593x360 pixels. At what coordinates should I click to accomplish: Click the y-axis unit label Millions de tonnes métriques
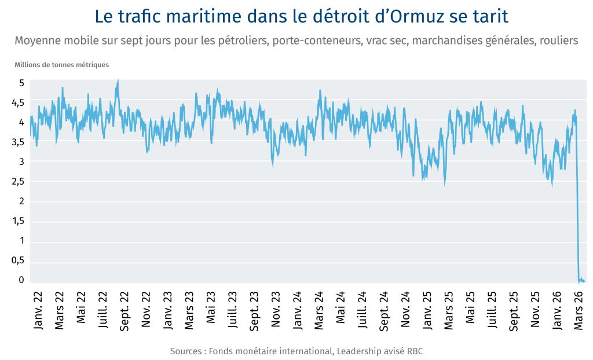tap(61, 65)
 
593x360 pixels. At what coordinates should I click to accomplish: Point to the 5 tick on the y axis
tap(21, 83)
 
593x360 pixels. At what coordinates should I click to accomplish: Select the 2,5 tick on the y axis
tap(19, 182)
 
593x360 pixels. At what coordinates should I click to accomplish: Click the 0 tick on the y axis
tap(21, 280)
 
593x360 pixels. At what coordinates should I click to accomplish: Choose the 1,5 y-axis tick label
tap(19, 221)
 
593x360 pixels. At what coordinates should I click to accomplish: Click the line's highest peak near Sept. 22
tap(118, 81)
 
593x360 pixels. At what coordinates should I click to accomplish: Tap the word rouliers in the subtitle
tap(558, 41)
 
